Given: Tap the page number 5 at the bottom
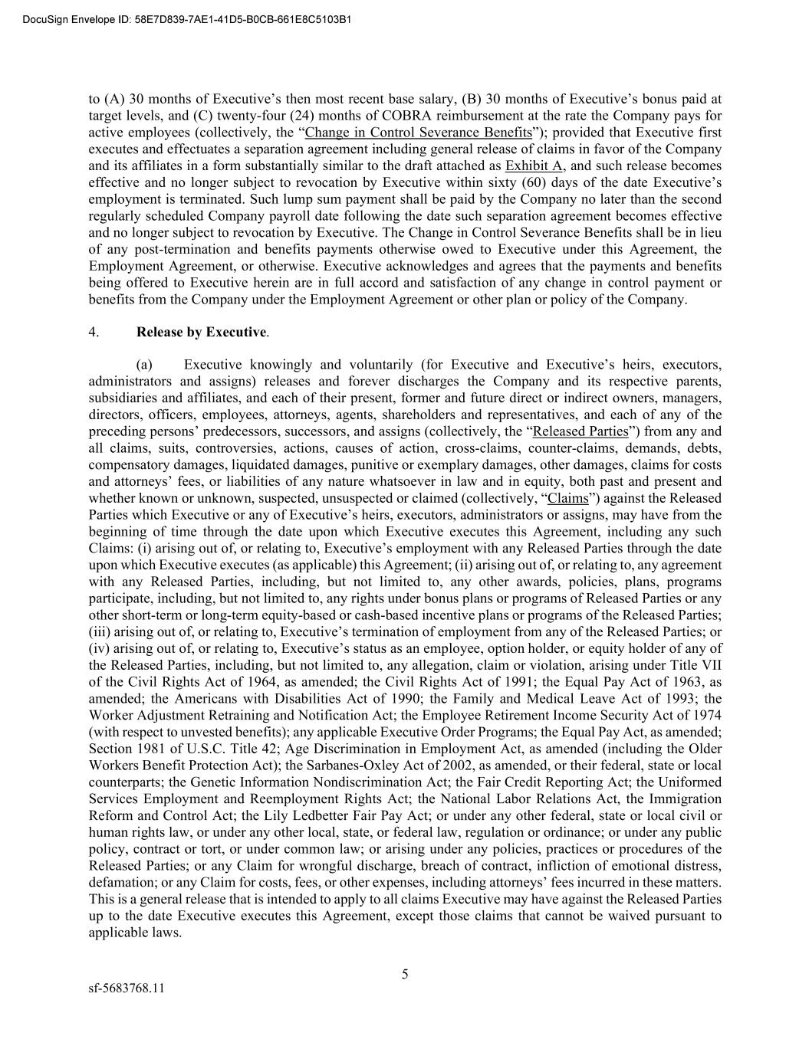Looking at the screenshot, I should [x=405, y=975].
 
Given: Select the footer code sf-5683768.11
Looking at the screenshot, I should [x=127, y=988].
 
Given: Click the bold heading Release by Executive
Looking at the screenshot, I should [x=201, y=332].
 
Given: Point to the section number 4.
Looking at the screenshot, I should [x=94, y=332].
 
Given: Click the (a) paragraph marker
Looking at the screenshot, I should [x=145, y=365].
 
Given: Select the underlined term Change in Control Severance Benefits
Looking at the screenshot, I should [x=418, y=132].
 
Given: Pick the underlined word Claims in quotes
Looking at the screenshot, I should [x=567, y=498].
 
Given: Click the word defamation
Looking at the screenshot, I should [x=121, y=882].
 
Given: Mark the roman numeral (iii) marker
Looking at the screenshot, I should [x=100, y=631].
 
